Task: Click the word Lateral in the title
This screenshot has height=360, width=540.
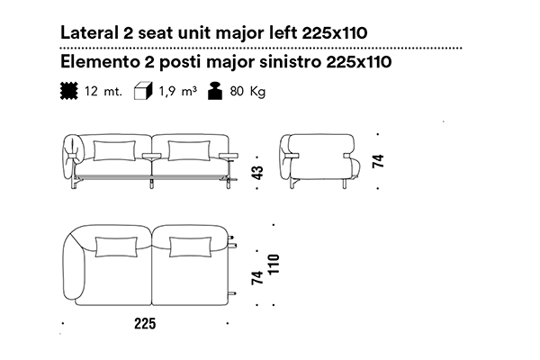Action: (x=89, y=33)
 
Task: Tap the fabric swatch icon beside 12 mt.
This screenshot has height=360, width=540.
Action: (x=69, y=91)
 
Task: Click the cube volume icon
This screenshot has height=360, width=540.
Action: (x=143, y=91)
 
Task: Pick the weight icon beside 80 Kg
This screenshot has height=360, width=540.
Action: (x=215, y=91)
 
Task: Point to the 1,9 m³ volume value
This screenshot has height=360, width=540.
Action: (x=177, y=91)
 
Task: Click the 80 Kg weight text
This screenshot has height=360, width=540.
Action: (x=247, y=92)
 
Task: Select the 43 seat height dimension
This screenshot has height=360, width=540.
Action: (x=257, y=173)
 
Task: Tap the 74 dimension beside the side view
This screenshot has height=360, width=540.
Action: (x=378, y=161)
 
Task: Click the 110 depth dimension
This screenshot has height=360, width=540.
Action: (x=274, y=265)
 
